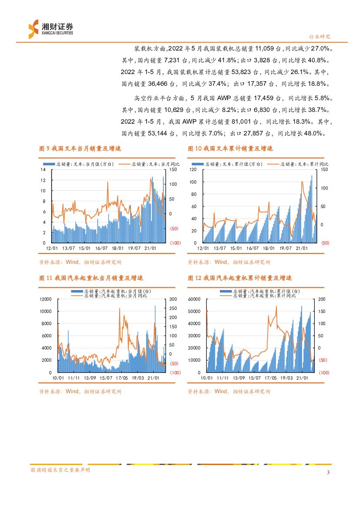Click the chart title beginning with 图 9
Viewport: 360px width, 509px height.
80,149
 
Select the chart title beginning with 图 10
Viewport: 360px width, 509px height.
230,149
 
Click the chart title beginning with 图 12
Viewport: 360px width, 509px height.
240,278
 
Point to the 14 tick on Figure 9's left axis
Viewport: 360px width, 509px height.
43,169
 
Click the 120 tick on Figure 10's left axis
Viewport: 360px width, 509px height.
193,169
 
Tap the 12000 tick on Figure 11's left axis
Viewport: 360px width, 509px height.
45,299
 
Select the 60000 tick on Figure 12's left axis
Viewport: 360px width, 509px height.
194,299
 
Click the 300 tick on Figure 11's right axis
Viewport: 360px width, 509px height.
173,299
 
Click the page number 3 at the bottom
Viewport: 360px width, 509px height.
328,473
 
